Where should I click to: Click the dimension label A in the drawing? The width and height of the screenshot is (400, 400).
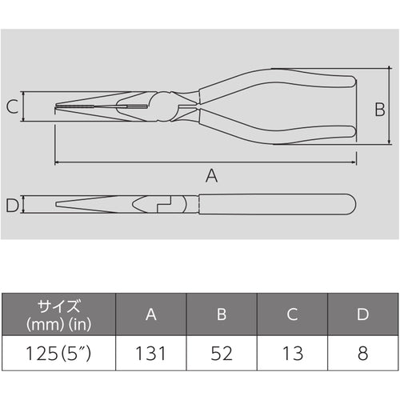tap(211, 177)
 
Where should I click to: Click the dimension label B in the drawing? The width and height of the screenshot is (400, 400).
tap(381, 110)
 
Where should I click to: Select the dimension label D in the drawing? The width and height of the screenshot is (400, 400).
tap(11, 206)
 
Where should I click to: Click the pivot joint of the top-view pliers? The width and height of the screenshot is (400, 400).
tap(168, 106)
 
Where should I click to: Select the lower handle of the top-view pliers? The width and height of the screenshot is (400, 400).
tap(280, 133)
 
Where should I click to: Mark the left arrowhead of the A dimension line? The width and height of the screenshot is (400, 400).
tap(58, 163)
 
